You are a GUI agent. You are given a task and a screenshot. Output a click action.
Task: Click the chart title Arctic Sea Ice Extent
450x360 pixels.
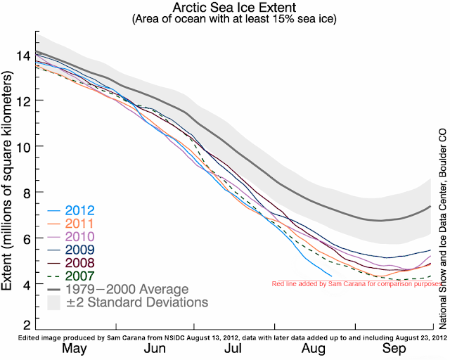[226, 8]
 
